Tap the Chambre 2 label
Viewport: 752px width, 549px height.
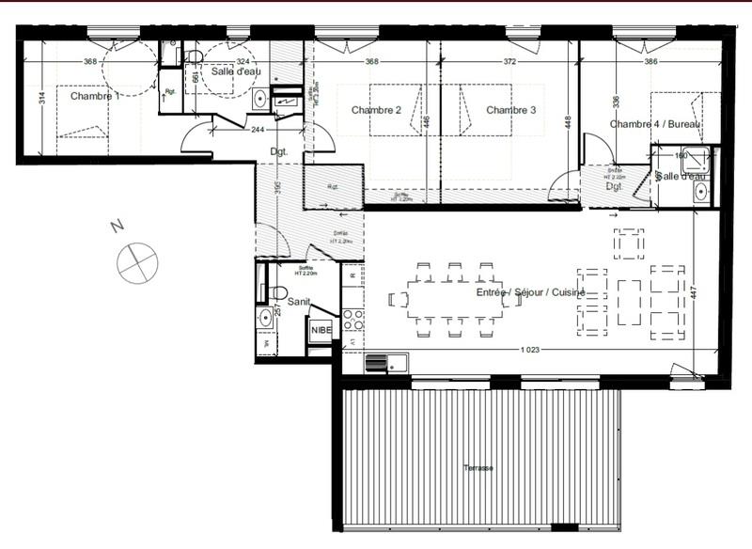(376, 111)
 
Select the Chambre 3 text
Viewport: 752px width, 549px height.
(510, 111)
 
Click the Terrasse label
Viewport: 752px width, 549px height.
(477, 468)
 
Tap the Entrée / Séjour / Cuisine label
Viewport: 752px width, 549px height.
(530, 293)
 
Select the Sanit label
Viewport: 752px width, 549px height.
(300, 302)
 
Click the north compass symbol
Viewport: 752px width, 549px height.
(137, 260)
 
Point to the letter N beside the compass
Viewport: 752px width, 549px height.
(117, 227)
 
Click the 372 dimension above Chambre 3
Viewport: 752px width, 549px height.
(509, 62)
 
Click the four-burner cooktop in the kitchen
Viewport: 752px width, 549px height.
(353, 319)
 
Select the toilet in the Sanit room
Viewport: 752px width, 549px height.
(278, 292)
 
